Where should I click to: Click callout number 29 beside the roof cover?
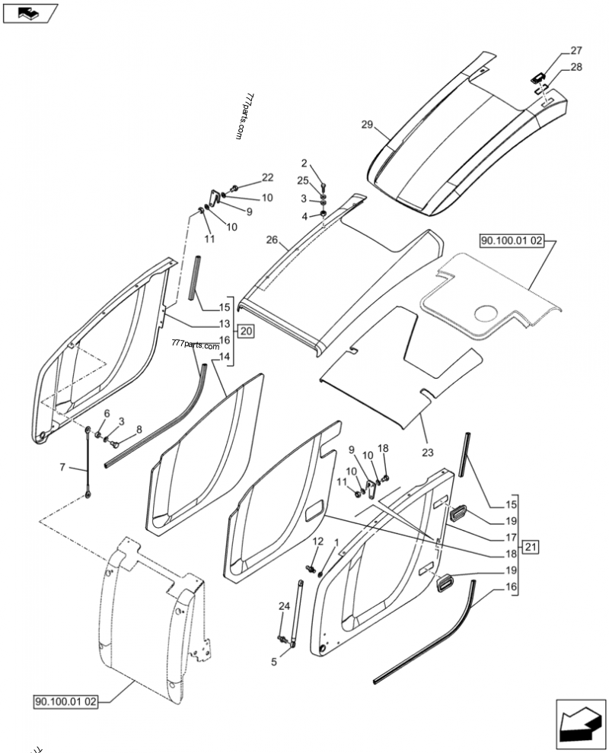(x=366, y=125)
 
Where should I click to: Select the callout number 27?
(x=576, y=51)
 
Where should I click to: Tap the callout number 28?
(x=576, y=67)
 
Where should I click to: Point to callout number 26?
(x=271, y=240)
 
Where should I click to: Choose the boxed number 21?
(x=531, y=547)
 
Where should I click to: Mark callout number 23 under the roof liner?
(x=428, y=453)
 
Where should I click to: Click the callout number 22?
(x=267, y=177)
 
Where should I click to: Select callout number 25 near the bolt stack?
(x=303, y=181)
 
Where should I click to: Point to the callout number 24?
(x=284, y=606)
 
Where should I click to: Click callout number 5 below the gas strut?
(x=274, y=662)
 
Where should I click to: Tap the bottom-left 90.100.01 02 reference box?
(x=66, y=701)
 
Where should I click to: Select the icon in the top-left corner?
(x=30, y=12)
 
